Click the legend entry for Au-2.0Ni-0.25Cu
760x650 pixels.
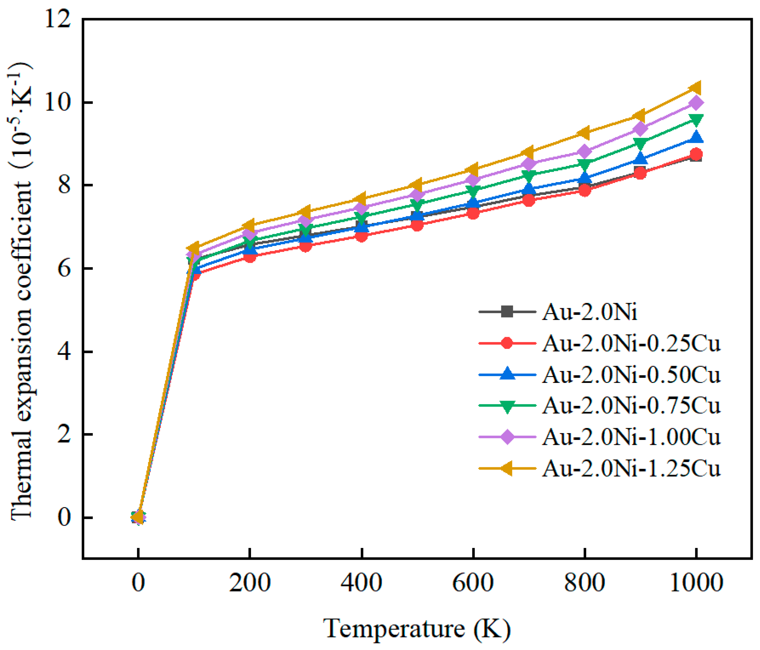631,343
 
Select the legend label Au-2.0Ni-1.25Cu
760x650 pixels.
631,469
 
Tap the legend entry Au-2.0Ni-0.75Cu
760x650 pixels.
631,406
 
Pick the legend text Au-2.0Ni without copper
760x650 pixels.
589,312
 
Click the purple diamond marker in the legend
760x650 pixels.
507,437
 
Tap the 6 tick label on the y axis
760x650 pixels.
64,269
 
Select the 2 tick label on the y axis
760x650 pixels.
64,435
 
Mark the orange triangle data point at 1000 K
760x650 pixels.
696,88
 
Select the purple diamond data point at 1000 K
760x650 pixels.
696,103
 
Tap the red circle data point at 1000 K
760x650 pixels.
696,154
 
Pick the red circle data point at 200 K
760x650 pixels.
250,257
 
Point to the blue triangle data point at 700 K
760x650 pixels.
529,189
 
